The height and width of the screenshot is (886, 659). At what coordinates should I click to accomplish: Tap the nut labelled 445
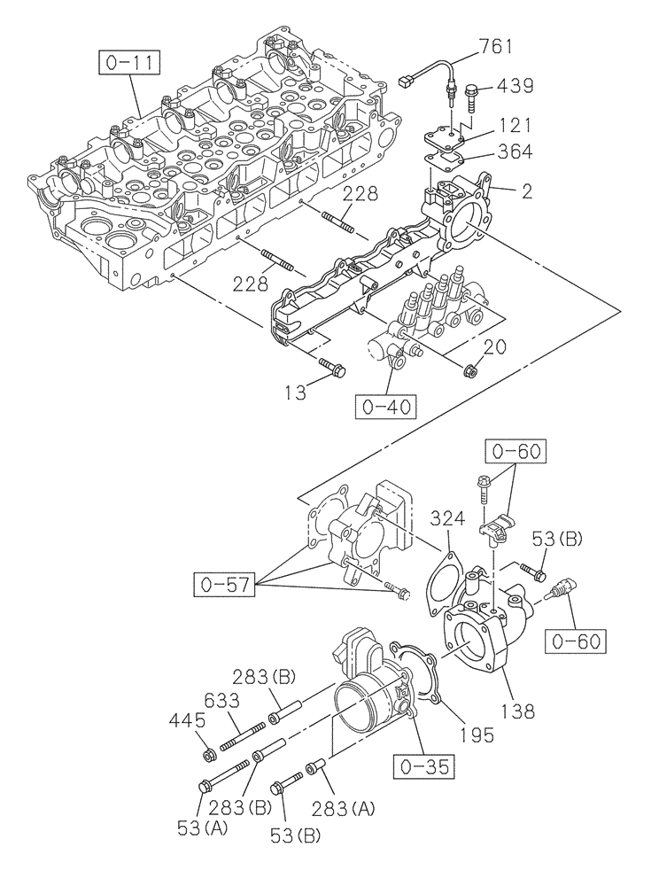pyautogui.click(x=207, y=755)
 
